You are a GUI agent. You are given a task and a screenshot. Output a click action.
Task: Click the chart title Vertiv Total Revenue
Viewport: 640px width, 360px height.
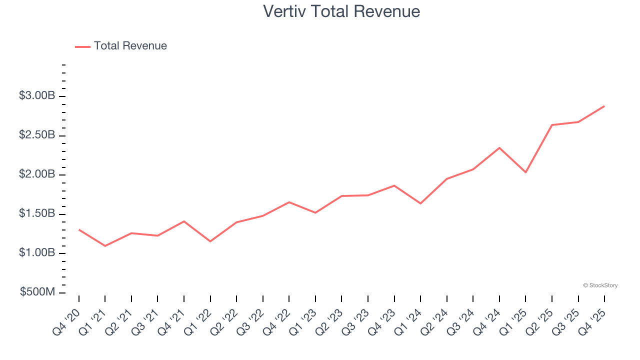[x=341, y=11]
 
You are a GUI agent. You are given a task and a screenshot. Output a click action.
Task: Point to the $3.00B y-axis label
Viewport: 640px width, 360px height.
[x=37, y=96]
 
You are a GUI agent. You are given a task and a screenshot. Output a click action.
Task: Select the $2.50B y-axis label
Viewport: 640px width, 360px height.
[x=37, y=135]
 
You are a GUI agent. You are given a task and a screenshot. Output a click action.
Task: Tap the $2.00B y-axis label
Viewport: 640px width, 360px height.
[x=37, y=174]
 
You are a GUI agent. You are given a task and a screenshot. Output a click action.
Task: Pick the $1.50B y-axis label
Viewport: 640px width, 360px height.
[x=37, y=214]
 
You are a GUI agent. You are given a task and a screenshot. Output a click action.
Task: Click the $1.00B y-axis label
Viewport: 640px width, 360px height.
[x=37, y=253]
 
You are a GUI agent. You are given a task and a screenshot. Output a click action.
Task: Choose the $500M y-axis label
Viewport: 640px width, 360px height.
[x=38, y=292]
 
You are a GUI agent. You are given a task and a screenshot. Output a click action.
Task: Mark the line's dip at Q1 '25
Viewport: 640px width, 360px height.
[x=525, y=172]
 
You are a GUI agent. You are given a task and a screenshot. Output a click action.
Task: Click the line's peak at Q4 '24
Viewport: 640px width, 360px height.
[x=499, y=148]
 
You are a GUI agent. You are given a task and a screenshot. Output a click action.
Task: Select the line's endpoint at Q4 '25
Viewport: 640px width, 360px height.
[x=604, y=106]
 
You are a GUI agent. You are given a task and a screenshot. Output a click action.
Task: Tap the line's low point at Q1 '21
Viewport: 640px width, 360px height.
[x=105, y=246]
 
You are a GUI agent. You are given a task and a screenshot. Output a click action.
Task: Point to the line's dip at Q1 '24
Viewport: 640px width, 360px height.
[x=420, y=203]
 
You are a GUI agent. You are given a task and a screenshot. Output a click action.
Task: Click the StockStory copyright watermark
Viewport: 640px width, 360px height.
[x=600, y=285]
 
